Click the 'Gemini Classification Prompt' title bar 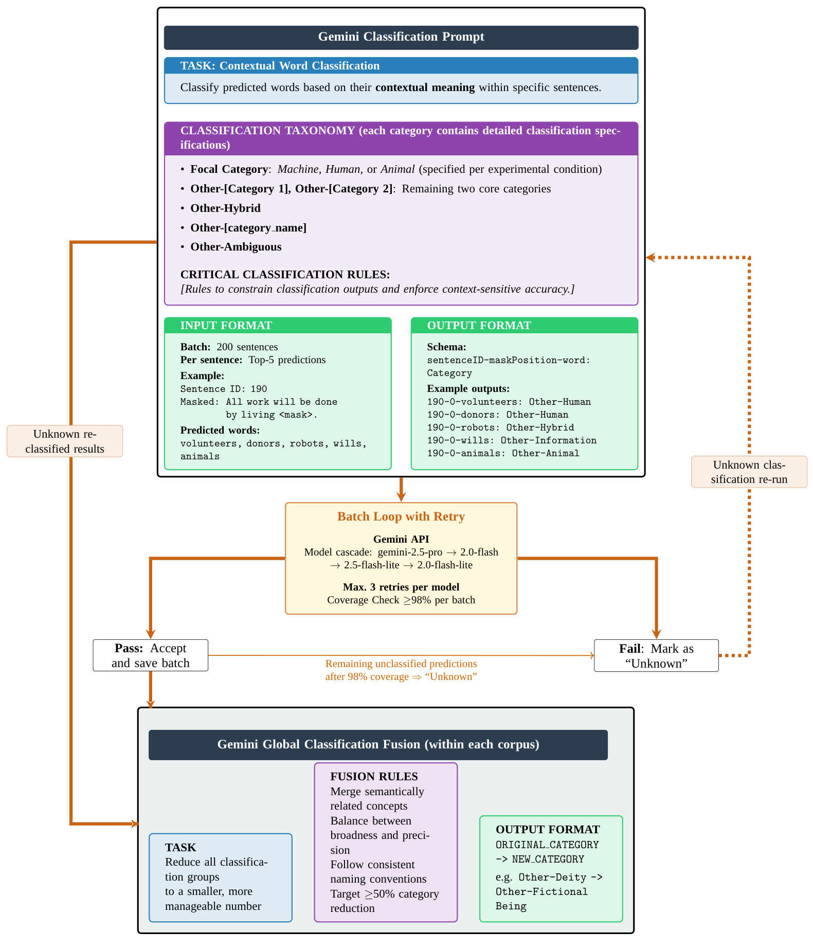coord(401,37)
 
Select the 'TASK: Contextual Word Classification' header coord(280,66)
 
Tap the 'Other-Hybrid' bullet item coord(225,208)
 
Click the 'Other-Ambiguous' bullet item coord(236,247)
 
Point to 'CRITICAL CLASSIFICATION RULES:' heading coord(285,275)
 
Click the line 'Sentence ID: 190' coord(223,389)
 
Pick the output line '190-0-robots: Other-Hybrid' coord(500,427)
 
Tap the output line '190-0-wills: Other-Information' coord(511,440)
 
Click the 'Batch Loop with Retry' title coord(401,516)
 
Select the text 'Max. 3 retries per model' coord(401,587)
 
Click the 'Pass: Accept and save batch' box coord(150,655)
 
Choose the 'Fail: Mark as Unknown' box coord(656,656)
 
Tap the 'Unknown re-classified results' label coord(65,441)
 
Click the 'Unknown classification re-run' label coord(749,472)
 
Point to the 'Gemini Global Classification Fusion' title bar coord(378,744)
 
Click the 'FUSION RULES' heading coord(374,777)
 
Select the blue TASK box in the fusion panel coord(220,877)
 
